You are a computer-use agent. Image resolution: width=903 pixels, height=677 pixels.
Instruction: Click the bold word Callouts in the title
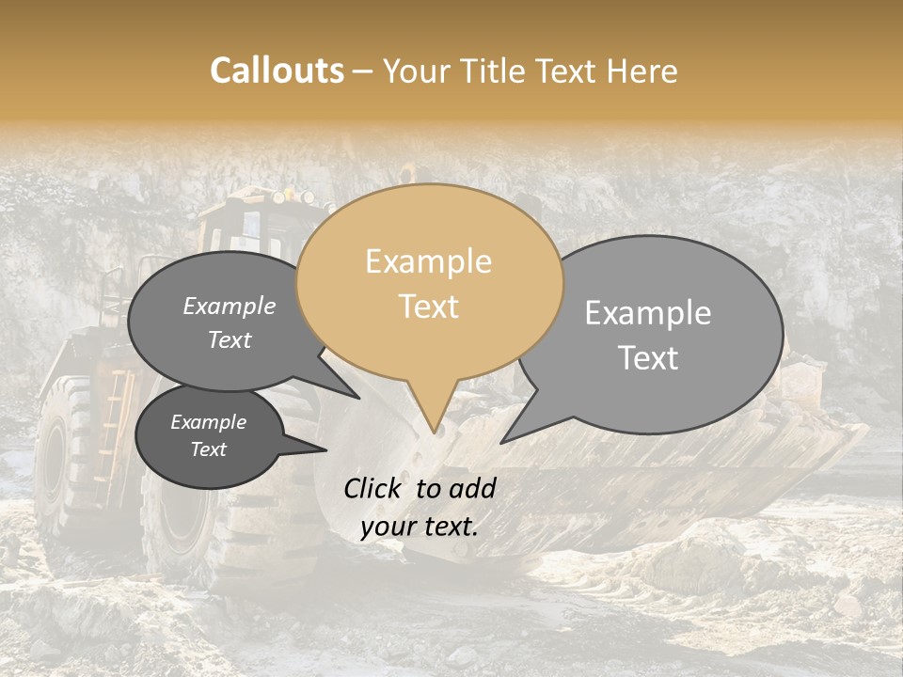[x=277, y=71]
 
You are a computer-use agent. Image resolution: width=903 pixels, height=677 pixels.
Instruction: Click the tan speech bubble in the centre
[x=429, y=282]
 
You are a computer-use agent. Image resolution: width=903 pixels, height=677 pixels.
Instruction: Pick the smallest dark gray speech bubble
[x=209, y=435]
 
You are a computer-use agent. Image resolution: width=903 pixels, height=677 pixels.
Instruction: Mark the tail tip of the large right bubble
[x=502, y=442]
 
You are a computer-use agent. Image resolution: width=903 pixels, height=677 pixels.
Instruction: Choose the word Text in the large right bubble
[x=649, y=358]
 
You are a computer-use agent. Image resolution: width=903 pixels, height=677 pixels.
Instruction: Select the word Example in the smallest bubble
[x=208, y=422]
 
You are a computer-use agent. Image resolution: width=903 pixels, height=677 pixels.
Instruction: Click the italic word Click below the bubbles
[x=374, y=488]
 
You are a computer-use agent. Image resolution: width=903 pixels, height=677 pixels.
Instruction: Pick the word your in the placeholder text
[x=388, y=527]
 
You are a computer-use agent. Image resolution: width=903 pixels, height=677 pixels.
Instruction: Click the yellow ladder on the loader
[x=110, y=423]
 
